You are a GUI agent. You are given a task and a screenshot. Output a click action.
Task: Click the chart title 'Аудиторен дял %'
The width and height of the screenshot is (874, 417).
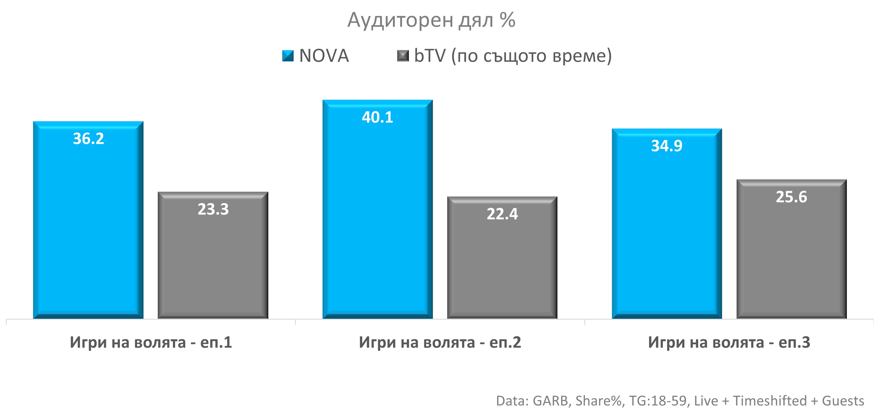(x=431, y=20)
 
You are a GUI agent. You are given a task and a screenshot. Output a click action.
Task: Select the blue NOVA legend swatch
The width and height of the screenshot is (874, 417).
(x=288, y=56)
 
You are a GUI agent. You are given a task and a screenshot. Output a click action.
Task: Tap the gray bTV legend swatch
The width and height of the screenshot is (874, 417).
(x=403, y=56)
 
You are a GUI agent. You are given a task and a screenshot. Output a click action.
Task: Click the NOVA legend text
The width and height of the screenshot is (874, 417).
(x=324, y=56)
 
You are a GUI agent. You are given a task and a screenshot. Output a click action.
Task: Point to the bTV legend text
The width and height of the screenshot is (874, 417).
(x=513, y=56)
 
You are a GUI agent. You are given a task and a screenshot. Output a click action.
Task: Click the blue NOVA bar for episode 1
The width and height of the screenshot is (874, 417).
(x=88, y=231)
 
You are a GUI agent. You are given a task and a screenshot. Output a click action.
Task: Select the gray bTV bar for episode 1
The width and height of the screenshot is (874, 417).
(x=213, y=265)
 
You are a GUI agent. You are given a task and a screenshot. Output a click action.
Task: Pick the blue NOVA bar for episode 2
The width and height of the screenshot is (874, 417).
(x=377, y=221)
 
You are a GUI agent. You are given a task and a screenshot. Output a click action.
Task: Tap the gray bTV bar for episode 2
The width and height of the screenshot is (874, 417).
(x=502, y=268)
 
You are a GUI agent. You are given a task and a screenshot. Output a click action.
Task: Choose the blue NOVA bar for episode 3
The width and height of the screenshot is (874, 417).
(x=667, y=234)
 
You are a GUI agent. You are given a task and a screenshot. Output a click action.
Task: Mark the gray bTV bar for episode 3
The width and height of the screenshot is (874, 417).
(x=791, y=258)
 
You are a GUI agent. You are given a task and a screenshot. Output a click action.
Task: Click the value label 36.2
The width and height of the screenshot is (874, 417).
(x=88, y=139)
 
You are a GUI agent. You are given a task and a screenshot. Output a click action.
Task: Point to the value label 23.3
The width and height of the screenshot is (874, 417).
(x=213, y=209)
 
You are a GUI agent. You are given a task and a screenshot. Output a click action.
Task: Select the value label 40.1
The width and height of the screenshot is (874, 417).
(x=377, y=118)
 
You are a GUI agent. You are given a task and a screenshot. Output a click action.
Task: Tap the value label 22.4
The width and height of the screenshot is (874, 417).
(x=502, y=214)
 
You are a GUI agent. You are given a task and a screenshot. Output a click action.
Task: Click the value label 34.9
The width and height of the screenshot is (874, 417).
(x=667, y=146)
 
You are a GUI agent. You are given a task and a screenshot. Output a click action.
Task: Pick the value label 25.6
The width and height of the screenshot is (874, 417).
(x=791, y=197)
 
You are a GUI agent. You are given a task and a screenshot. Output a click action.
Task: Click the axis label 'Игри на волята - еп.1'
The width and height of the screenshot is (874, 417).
(x=151, y=342)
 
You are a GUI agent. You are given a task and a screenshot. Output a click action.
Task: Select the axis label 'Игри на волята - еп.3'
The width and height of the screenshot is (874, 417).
(x=729, y=342)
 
